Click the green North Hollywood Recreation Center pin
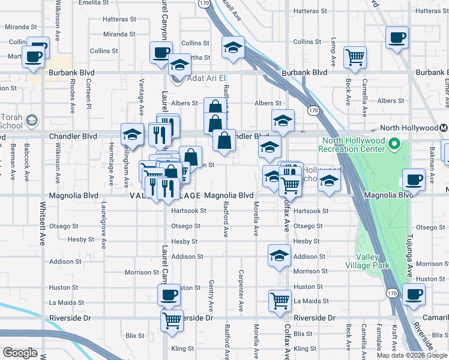[394, 145]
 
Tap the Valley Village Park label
[367, 261]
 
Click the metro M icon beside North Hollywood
[444, 128]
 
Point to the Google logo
[20, 353]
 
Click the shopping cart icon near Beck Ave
[355, 58]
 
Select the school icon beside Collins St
[232, 46]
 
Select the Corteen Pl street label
[88, 96]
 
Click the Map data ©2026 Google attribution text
[411, 355]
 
